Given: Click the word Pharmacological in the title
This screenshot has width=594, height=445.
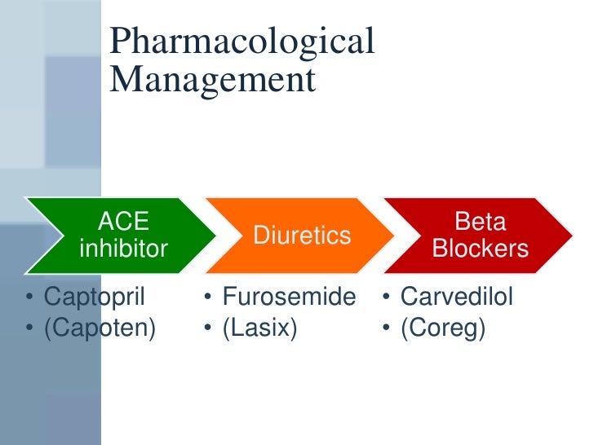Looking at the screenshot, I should (242, 43).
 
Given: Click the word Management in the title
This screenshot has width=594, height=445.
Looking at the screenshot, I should (211, 80).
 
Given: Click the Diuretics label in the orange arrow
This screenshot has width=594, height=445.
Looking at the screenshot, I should (302, 236).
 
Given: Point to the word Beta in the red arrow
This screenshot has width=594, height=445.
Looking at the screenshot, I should (481, 221).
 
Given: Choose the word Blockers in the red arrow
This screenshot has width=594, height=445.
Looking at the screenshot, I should (481, 248).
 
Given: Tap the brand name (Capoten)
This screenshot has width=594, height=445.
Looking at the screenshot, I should (100, 329).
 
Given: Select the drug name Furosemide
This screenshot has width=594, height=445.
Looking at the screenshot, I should (289, 297).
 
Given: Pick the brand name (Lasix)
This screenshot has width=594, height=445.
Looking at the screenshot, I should (259, 329).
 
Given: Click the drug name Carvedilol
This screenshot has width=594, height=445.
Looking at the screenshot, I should (456, 297).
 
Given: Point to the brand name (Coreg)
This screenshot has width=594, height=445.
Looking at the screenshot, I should (441, 329).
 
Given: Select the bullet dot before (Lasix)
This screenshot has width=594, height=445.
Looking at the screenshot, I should (208, 330).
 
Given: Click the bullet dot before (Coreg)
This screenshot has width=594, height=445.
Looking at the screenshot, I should (386, 330).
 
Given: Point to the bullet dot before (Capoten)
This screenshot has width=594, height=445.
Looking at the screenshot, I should (29, 330).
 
